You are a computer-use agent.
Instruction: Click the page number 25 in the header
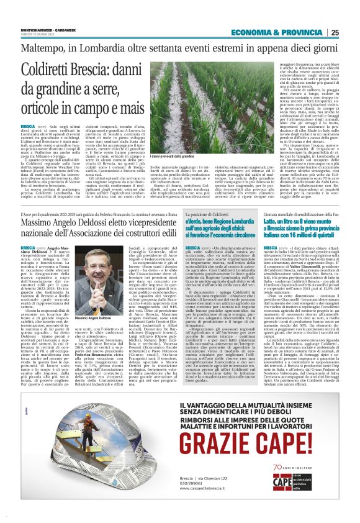click(335, 32)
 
